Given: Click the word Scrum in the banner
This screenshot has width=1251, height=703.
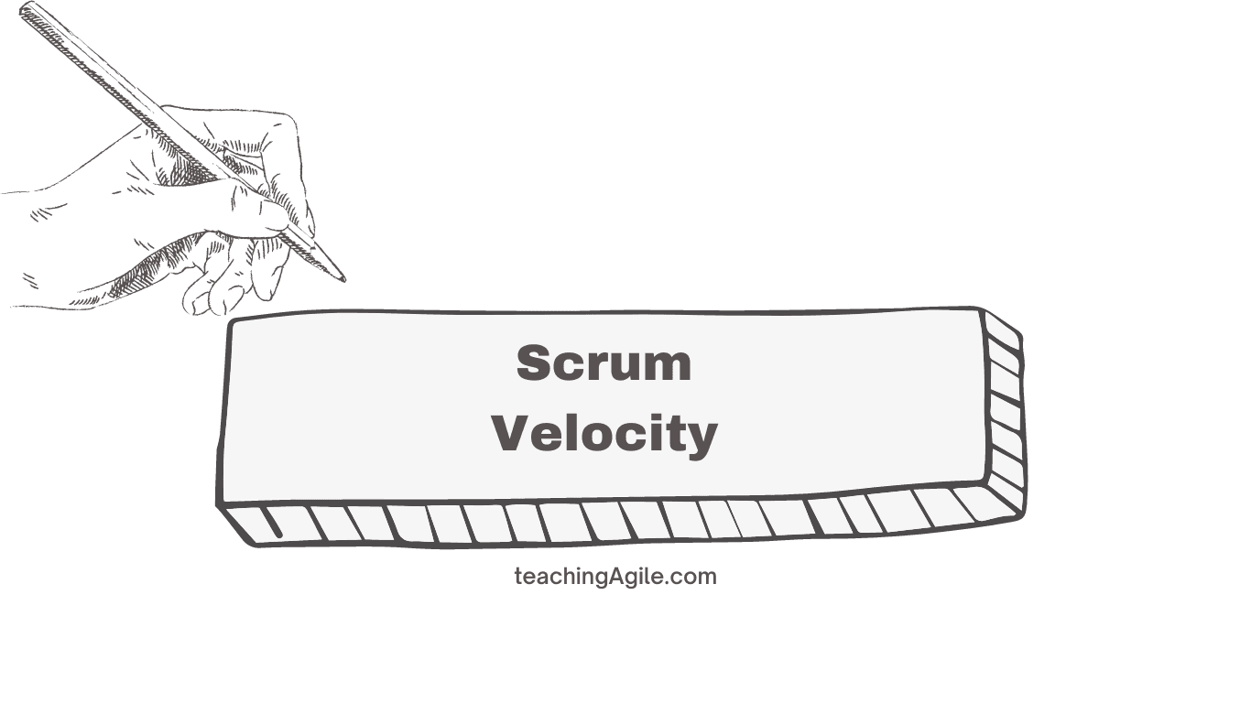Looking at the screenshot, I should (x=604, y=363).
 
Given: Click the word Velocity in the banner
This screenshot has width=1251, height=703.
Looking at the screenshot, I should (x=604, y=433).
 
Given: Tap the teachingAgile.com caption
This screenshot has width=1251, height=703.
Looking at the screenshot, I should (x=615, y=577).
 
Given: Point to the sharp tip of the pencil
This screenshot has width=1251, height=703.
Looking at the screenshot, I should (x=343, y=279).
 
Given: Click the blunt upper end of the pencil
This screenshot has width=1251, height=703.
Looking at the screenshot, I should (x=26, y=9).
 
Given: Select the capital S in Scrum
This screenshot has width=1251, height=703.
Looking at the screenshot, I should (x=536, y=363).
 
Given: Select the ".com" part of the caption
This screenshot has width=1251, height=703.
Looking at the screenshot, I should (x=695, y=577).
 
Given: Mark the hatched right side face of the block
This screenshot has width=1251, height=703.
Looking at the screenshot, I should (x=1005, y=412).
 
